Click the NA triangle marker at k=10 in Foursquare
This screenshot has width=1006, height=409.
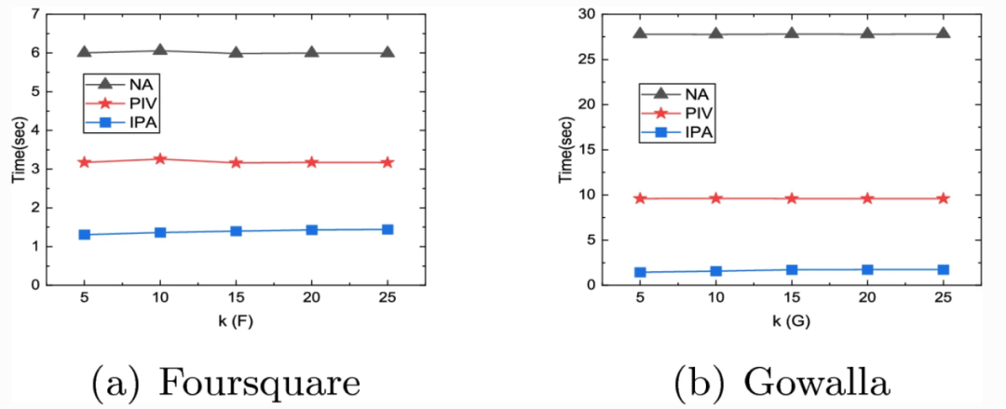[160, 50]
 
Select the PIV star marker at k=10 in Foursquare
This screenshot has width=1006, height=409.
[160, 159]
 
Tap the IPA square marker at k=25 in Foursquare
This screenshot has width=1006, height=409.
[387, 229]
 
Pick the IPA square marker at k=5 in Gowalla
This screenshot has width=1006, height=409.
[640, 272]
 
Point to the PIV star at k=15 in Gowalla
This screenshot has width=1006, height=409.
[792, 198]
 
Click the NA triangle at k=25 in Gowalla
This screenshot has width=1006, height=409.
[943, 34]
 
